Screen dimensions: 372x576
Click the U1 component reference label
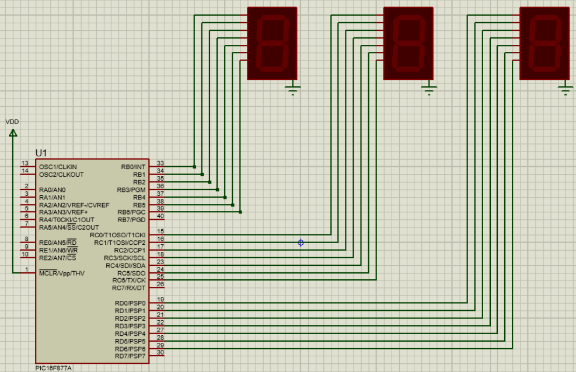41,153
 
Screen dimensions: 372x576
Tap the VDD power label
12,122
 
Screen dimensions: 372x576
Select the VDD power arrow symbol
13,133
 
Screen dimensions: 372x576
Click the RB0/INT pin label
133,167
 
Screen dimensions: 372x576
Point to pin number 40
160,216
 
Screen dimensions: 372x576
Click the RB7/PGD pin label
131,220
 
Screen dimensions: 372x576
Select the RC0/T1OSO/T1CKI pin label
117,235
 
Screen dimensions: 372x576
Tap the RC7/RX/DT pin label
128,288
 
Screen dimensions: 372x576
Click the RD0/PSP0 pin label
130,303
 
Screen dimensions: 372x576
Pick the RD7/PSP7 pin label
130,356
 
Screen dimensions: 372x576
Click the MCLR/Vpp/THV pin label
62,273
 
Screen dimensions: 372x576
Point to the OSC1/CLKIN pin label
58,167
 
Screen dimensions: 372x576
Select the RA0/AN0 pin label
53,189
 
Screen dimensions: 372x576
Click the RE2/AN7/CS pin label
57,258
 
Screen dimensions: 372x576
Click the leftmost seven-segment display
272,43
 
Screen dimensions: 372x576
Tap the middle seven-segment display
408,43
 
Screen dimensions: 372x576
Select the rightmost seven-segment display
544,43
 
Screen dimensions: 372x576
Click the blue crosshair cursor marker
301,243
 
